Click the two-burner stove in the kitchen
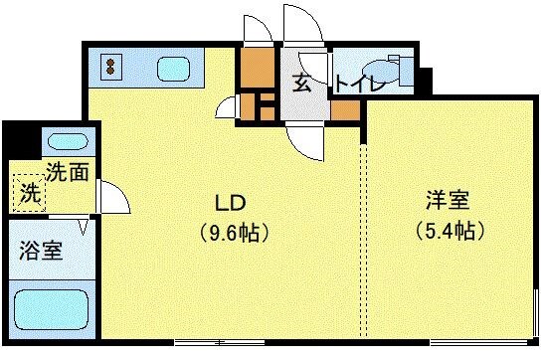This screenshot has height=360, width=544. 109,68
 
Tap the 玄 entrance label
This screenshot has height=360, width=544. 300,83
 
